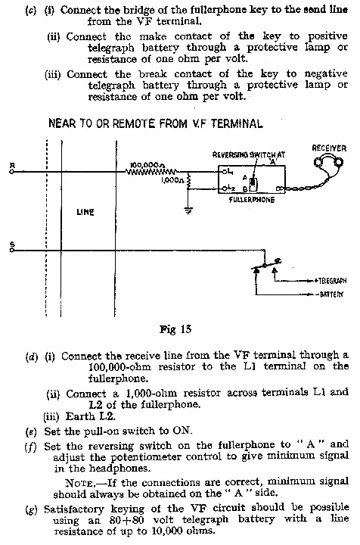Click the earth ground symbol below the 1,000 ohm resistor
point(188,210)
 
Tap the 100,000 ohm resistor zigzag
point(152,171)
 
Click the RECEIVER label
point(329,148)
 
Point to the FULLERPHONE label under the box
point(252,200)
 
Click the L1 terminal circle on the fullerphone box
point(225,171)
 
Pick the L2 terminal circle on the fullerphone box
point(225,188)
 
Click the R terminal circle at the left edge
point(12,172)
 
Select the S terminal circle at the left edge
point(12,251)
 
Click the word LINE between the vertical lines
point(85,212)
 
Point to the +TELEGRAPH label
point(331,280)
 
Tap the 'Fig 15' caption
point(175,329)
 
